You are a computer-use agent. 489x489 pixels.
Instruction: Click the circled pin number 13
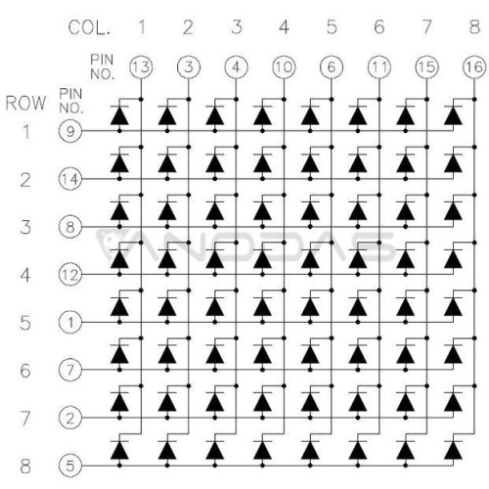pos(141,67)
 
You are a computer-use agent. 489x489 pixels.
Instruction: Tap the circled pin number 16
pos(474,67)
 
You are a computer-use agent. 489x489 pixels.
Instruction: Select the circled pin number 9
pos(70,131)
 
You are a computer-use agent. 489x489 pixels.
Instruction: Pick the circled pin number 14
pos(70,179)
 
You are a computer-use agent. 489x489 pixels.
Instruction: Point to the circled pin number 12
pos(70,275)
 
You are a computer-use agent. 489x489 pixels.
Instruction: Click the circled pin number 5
pos(70,466)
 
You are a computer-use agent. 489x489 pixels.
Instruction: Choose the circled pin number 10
pos(284,67)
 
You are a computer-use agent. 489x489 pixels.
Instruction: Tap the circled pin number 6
pos(332,67)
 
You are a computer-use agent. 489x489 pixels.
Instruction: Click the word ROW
pos(25,103)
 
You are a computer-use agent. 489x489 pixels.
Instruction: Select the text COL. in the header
pos(89,27)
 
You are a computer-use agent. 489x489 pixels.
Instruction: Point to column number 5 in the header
pos(332,26)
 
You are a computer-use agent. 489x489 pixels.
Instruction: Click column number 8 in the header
pos(474,26)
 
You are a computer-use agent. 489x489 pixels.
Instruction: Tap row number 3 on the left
pos(25,227)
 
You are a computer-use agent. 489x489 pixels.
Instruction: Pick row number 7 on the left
pos(25,418)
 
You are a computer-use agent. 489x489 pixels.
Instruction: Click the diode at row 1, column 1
pos(119,115)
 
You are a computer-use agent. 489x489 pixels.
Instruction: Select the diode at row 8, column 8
pos(453,449)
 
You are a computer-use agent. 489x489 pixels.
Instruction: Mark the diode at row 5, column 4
pos(262,306)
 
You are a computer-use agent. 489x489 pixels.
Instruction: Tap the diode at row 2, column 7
pos(405,163)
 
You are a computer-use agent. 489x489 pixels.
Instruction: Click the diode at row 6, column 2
pos(167,354)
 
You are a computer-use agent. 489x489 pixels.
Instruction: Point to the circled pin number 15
pos(426,67)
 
